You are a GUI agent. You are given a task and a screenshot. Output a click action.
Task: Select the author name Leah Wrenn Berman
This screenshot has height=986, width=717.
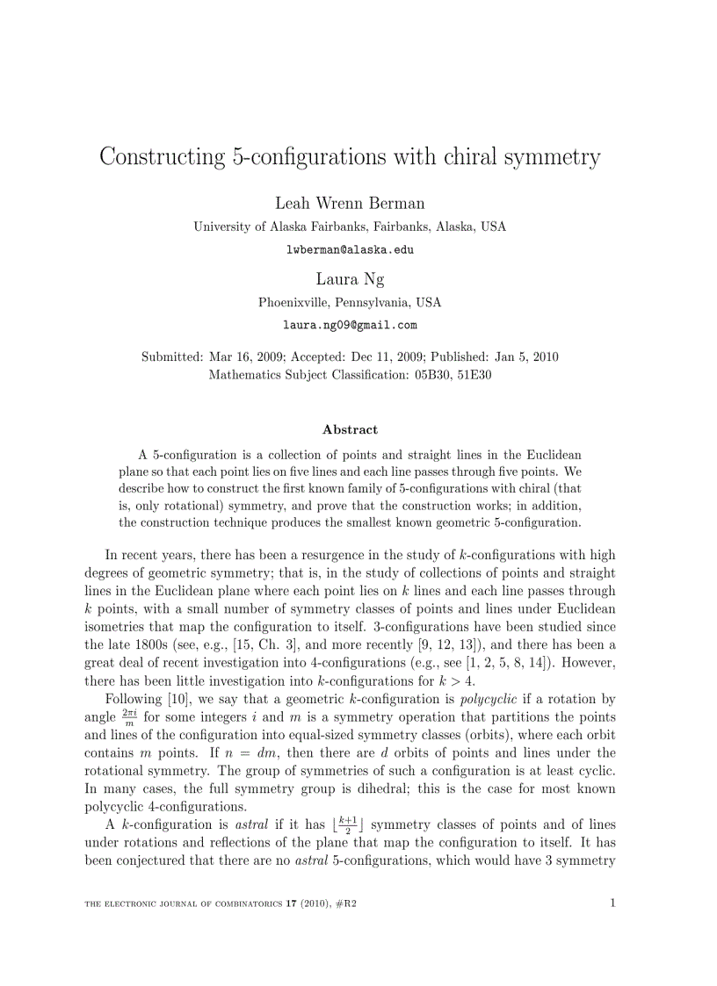(350, 204)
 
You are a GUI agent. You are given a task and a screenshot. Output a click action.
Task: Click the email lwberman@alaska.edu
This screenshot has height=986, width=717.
(350, 249)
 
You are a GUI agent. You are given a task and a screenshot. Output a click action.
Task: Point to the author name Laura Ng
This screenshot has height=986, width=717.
(350, 279)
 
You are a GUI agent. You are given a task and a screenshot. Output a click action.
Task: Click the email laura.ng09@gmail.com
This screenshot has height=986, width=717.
(350, 325)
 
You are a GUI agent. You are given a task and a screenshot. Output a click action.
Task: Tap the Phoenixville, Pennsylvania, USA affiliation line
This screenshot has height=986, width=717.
(350, 303)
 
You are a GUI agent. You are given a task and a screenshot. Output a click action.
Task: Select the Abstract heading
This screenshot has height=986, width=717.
(350, 429)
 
